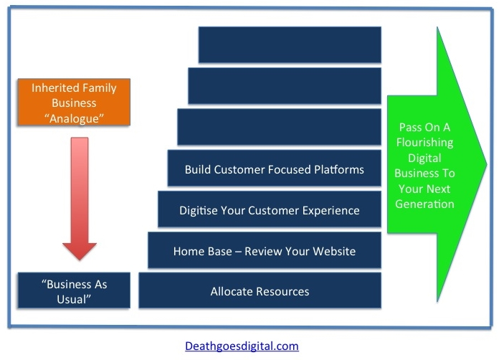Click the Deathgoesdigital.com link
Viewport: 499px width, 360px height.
(242, 346)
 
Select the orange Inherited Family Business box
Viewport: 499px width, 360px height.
(74, 102)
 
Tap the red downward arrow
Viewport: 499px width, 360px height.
(80, 199)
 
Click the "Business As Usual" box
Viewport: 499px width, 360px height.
(74, 290)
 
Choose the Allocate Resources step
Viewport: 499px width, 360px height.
(260, 290)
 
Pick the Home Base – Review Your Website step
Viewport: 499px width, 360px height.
(265, 250)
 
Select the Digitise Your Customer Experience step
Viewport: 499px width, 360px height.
(270, 209)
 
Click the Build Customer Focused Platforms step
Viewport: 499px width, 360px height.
(275, 168)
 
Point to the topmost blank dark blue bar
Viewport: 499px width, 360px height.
(290, 45)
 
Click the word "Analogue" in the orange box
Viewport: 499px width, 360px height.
(74, 118)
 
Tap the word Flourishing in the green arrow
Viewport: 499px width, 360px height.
(425, 143)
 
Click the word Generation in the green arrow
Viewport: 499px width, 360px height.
(424, 204)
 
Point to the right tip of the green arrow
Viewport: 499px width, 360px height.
(487, 164)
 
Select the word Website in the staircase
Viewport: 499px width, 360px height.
(334, 251)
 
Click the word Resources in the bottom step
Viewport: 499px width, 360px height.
(282, 292)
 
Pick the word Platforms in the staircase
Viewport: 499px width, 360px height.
(339, 169)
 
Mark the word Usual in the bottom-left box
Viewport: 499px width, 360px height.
(74, 299)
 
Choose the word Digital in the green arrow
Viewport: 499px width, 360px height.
(424, 158)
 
